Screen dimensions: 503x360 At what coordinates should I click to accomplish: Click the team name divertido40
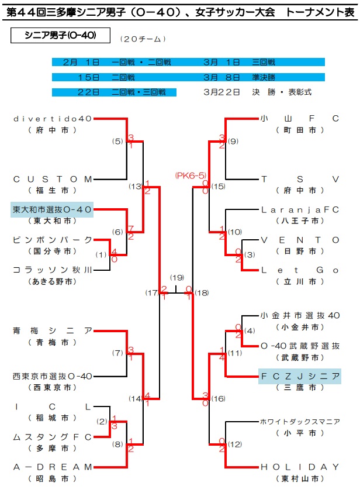click(x=52, y=119)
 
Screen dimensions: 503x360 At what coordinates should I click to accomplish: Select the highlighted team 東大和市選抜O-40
click(x=52, y=209)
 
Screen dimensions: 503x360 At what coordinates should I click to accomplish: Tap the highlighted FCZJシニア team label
click(x=300, y=376)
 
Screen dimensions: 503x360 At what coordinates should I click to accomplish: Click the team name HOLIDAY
click(x=300, y=467)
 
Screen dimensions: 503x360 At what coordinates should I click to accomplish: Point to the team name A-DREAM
click(x=52, y=467)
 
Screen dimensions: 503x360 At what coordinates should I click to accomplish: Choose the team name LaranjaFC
click(x=300, y=209)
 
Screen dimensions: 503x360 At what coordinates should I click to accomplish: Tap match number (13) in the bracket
click(x=136, y=187)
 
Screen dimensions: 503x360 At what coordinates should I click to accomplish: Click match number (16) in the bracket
click(x=218, y=399)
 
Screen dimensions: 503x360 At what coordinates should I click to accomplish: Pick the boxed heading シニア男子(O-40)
click(x=53, y=36)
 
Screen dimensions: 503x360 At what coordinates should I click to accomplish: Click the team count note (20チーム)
click(x=143, y=39)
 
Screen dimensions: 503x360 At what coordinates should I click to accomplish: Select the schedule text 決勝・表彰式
click(x=282, y=92)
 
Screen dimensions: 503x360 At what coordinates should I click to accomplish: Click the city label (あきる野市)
click(x=52, y=281)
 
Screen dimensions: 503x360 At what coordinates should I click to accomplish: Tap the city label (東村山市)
click(x=300, y=478)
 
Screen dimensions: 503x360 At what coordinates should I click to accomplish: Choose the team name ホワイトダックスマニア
click(x=300, y=421)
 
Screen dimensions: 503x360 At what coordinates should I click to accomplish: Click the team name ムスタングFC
click(x=52, y=436)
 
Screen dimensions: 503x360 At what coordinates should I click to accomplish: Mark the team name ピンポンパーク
click(x=52, y=240)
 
